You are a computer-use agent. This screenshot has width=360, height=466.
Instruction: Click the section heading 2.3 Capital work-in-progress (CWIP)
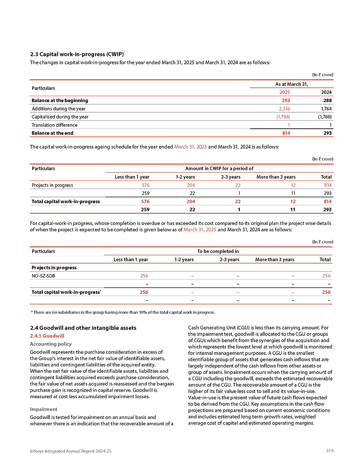pyautogui.click(x=77, y=54)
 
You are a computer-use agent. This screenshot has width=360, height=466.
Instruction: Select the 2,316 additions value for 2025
pyautogui.click(x=284, y=108)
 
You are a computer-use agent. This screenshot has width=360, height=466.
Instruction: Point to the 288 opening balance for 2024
pyautogui.click(x=326, y=100)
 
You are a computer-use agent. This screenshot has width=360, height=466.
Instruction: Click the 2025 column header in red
pyautogui.click(x=285, y=92)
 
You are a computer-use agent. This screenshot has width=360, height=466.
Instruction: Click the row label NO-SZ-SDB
pyautogui.click(x=43, y=276)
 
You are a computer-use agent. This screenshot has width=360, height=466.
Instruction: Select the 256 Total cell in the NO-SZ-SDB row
pyautogui.click(x=326, y=276)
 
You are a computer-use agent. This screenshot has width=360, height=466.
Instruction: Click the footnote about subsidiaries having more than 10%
pyautogui.click(x=123, y=312)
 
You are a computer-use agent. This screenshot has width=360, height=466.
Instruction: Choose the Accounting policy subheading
pyautogui.click(x=50, y=344)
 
